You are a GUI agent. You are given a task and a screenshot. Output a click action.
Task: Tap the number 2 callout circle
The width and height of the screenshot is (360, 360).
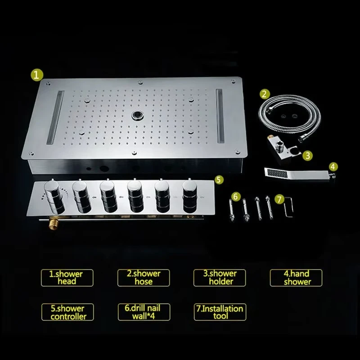coord(265,94)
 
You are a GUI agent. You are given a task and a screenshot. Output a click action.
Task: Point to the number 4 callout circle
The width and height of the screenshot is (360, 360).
coord(333,166)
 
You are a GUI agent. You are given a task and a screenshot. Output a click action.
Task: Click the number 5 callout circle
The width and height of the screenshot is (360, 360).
coord(218,180)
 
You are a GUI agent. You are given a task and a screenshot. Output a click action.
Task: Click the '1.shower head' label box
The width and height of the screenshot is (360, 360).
coord(67,278)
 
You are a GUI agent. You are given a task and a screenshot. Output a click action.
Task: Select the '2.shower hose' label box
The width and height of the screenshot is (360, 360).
coord(144,278)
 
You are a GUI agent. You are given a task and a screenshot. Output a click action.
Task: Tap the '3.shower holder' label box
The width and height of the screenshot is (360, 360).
coord(220,278)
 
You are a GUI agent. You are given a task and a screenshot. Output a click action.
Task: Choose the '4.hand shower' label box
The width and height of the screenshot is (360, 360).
coord(296,278)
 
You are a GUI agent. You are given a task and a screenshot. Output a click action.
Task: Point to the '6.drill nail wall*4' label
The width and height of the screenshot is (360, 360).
coord(144,312)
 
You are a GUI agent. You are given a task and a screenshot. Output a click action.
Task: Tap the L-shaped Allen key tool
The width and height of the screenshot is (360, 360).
coord(288,203)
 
